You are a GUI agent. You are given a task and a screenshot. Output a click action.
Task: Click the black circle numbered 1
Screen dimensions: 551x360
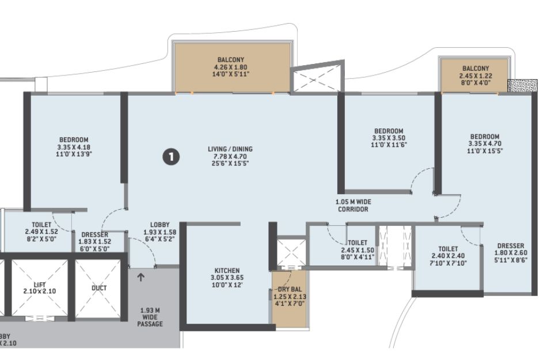tap(171, 157)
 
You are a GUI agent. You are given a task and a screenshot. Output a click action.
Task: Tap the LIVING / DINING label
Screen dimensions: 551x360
tap(230, 149)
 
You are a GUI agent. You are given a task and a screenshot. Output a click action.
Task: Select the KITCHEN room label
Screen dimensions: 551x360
tap(227, 270)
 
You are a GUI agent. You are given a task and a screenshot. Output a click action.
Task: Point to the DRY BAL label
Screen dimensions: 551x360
tap(290, 289)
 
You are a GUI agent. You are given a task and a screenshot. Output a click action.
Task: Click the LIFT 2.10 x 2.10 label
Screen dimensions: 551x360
tap(40, 288)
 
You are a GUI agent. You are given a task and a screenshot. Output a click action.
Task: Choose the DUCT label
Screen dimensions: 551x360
tap(99, 288)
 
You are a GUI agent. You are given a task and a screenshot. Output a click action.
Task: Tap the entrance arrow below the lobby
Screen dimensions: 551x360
tap(140, 278)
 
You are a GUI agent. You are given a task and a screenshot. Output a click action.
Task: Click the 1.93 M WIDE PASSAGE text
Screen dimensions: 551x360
tap(150, 317)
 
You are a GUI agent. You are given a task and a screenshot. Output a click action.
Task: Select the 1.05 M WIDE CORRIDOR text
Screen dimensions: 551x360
tap(353, 206)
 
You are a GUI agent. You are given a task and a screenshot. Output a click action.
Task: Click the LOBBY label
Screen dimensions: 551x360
tap(160, 225)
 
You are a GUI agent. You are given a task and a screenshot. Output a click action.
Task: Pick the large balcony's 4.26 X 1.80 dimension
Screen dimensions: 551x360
tap(230, 67)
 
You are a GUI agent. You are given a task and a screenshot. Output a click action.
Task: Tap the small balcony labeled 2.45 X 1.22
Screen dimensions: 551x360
tap(476, 75)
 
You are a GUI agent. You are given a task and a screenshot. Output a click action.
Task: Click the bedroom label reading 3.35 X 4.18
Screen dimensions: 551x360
tap(74, 147)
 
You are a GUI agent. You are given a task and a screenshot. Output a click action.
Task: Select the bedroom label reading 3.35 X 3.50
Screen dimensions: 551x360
tap(389, 138)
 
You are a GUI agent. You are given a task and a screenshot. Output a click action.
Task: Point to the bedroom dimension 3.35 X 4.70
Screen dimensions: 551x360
tap(485, 143)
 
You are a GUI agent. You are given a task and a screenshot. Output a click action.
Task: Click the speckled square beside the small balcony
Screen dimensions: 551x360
tap(523, 86)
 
